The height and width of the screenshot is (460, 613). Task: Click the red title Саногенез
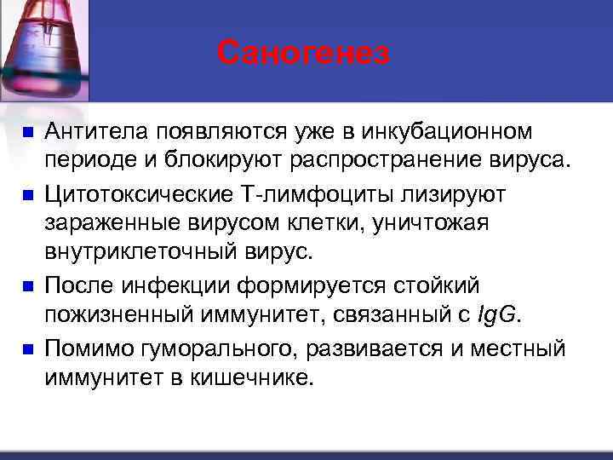tap(303, 53)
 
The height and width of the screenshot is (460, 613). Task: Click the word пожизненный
tap(112, 316)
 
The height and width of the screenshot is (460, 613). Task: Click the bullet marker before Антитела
tap(27, 132)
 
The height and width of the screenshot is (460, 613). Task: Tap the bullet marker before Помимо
tap(27, 348)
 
